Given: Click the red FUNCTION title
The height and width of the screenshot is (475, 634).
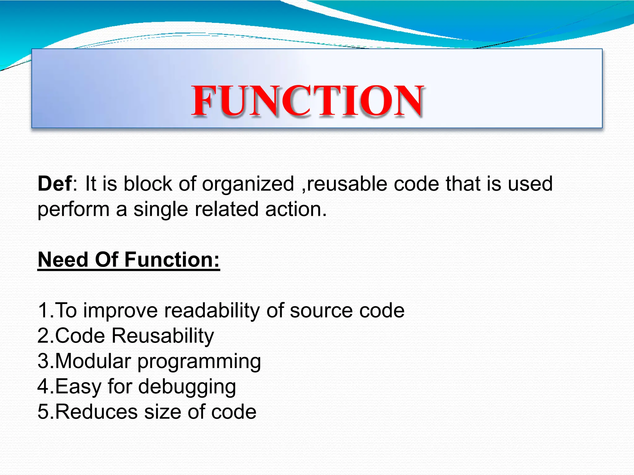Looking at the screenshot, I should click(307, 101).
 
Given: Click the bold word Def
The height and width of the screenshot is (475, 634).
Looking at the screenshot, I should click(55, 184).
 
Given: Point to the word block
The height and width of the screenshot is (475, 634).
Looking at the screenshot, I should click(148, 184).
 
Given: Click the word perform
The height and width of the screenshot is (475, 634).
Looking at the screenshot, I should click(73, 210).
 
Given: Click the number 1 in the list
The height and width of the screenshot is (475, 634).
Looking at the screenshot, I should click(43, 310).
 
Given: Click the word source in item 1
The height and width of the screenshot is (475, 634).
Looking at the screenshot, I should click(321, 310).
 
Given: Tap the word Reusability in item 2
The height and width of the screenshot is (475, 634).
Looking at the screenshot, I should click(163, 336).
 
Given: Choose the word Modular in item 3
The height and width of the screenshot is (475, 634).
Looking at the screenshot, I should click(93, 361).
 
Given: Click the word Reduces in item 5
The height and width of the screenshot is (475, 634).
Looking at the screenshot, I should click(96, 412).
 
